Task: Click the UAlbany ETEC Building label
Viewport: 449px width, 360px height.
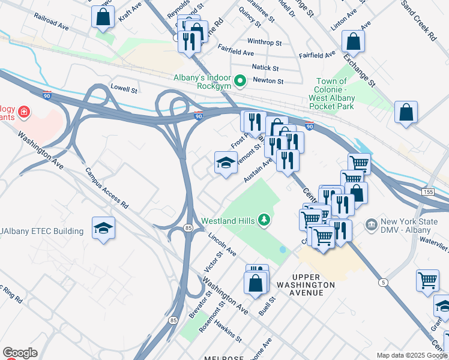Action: point(42,231)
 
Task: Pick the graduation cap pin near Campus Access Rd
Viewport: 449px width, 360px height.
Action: point(103,229)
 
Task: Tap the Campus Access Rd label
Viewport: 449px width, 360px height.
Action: point(107,188)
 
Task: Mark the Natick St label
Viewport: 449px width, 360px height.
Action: point(266,69)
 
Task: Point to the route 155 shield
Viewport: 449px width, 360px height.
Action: point(427,191)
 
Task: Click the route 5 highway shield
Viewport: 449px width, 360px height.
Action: point(384,282)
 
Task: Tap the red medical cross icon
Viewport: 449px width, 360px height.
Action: point(23,112)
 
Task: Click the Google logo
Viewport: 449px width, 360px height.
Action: point(20,353)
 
